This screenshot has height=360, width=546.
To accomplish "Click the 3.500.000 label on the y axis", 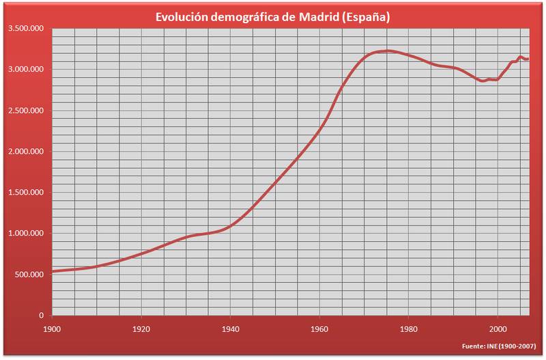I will pos(26,29).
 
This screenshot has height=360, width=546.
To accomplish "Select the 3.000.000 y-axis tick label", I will pos(26,70).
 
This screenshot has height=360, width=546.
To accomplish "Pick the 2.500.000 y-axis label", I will pos(26,111).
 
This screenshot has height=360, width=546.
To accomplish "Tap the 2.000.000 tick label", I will pos(26,152).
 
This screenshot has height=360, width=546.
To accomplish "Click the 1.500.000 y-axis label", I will pos(26,193).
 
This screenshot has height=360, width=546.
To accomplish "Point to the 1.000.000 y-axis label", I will pos(26,234).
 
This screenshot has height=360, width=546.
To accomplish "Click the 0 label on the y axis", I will pos(42,316).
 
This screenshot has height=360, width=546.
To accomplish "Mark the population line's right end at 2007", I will pos(528,59).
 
